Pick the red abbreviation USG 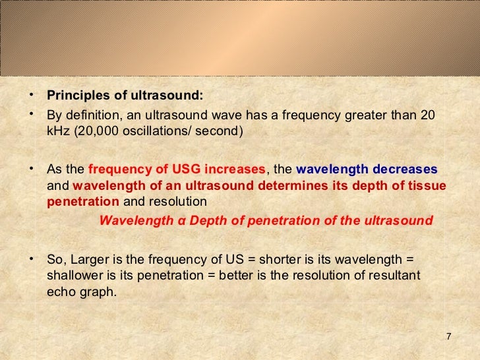205,169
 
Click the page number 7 448,338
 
